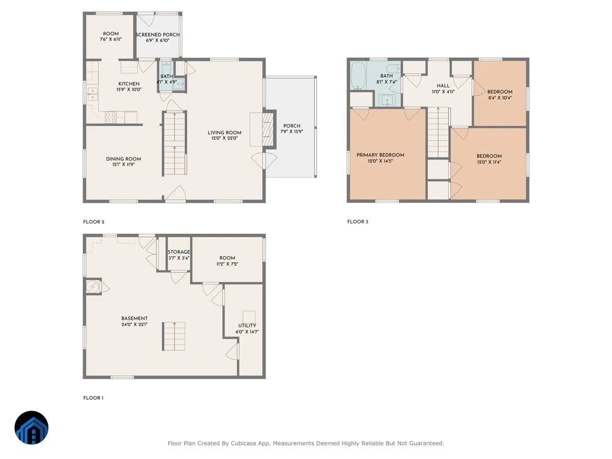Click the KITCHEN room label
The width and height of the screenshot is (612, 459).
129,84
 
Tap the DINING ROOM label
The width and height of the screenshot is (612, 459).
123,159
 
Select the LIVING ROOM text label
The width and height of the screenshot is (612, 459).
224,133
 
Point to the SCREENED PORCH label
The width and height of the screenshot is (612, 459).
158,35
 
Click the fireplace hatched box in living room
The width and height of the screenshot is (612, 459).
268,130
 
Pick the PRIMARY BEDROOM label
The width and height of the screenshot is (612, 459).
380,155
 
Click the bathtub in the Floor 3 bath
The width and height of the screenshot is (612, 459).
358,75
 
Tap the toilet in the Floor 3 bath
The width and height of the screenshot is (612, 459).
393,68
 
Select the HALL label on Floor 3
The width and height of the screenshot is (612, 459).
443,86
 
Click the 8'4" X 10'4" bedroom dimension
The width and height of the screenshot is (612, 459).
500,98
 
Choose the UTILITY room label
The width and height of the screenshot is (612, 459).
247,325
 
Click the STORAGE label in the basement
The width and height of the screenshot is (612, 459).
178,252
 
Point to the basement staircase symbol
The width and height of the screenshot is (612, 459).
174,337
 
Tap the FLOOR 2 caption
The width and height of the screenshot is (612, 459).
94,222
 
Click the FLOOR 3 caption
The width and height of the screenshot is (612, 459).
358,222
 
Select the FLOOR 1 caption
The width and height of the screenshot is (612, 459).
93,398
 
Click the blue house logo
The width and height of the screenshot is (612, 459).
32,427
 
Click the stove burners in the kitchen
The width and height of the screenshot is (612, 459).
111,117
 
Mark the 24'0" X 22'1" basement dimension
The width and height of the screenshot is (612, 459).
135,324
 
